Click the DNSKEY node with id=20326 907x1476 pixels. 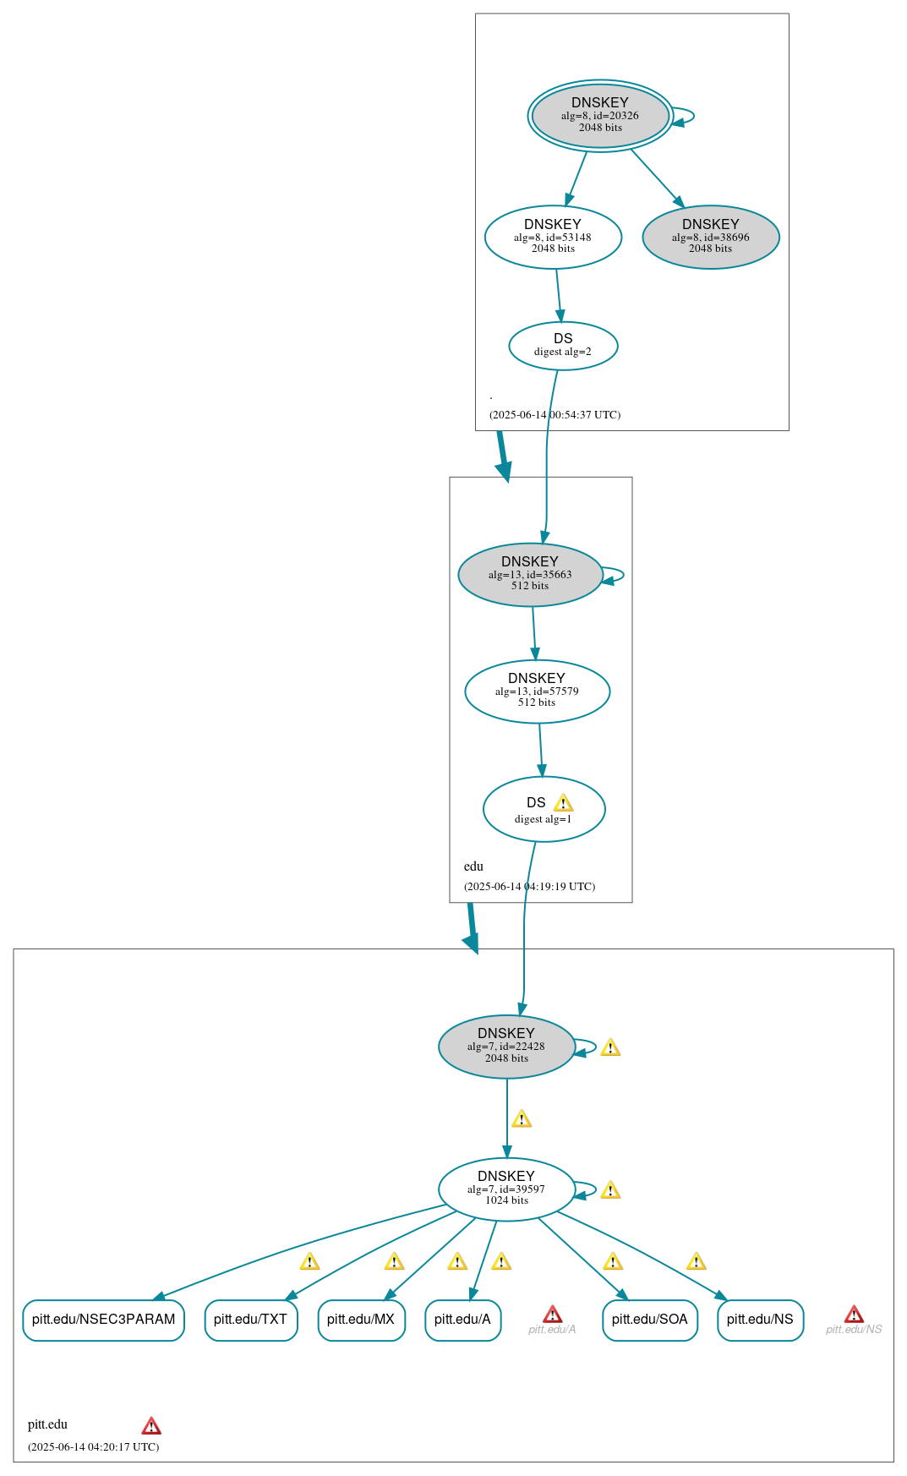pyautogui.click(x=600, y=116)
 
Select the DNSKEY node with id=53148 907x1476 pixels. pyautogui.click(x=553, y=237)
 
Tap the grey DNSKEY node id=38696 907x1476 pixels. pyautogui.click(x=711, y=237)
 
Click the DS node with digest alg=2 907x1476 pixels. pyautogui.click(x=563, y=346)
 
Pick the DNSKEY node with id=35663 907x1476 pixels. pyautogui.click(x=530, y=575)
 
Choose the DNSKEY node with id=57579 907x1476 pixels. pyautogui.click(x=537, y=692)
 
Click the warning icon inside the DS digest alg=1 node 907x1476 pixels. pyautogui.click(x=563, y=803)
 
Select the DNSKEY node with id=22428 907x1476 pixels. pyautogui.click(x=506, y=1047)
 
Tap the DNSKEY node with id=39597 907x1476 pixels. pyautogui.click(x=506, y=1189)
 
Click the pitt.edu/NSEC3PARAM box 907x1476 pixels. pyautogui.click(x=103, y=1320)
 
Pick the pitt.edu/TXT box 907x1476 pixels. pyautogui.click(x=251, y=1320)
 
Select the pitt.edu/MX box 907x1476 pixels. pyautogui.click(x=361, y=1320)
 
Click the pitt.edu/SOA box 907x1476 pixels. pyautogui.click(x=650, y=1320)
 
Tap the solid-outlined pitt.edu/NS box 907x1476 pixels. pyautogui.click(x=760, y=1320)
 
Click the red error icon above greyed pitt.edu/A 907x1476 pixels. pyautogui.click(x=552, y=1314)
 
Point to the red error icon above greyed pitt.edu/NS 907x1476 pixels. pyautogui.click(x=854, y=1314)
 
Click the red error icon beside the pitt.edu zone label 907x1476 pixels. pyautogui.click(x=151, y=1426)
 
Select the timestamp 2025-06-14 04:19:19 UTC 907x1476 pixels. pyautogui.click(x=530, y=887)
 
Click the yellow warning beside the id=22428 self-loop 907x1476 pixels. pyautogui.click(x=610, y=1047)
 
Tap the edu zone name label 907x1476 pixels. pyautogui.click(x=473, y=866)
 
